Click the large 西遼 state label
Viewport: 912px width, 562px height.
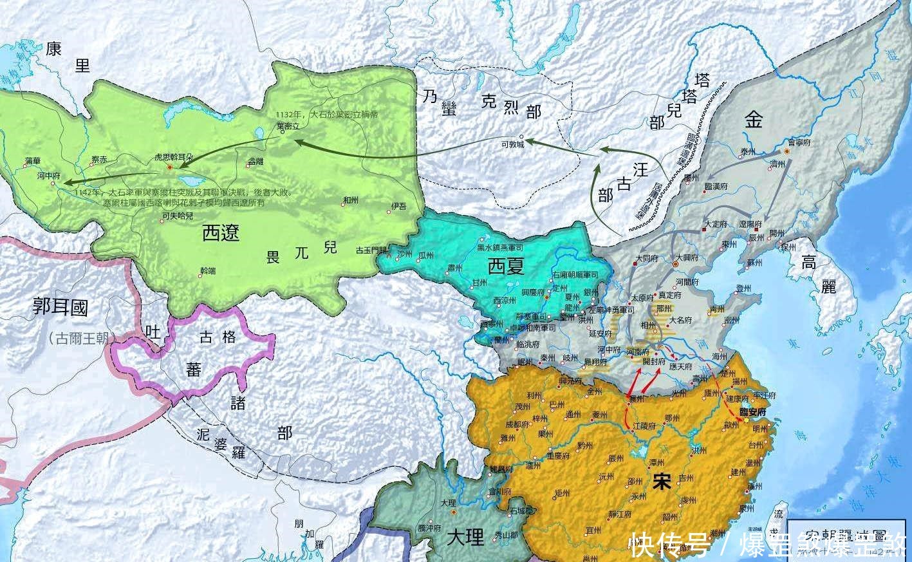coord(221,232)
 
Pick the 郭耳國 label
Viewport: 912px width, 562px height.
coord(60,308)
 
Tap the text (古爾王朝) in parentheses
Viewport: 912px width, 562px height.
coord(80,337)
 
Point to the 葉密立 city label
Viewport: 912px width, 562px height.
coord(287,126)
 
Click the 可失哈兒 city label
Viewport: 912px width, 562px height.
coord(177,216)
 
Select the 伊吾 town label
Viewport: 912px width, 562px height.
coord(398,207)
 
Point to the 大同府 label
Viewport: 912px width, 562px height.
coord(646,259)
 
